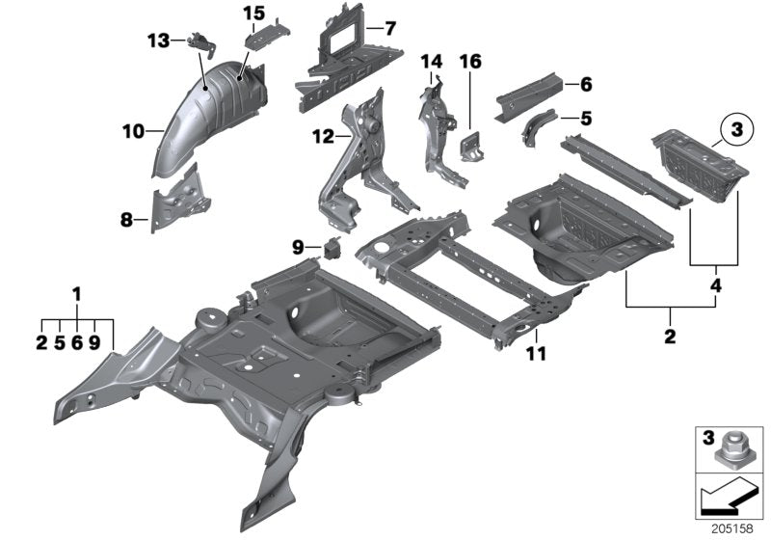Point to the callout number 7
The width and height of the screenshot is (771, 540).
389,29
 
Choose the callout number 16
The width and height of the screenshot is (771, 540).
469,62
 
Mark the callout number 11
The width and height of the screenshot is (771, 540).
536,354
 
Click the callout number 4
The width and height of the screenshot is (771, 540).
714,285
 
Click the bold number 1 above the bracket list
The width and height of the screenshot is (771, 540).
78,293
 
